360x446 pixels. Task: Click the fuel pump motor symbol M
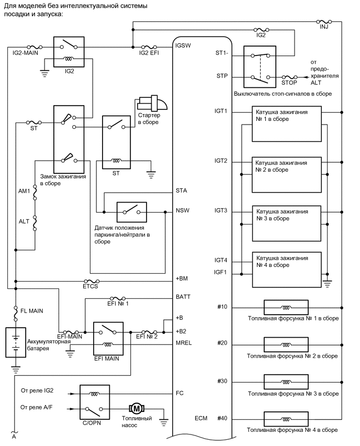pyautogui.click(x=136, y=408)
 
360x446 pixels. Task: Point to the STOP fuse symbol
pyautogui.click(x=289, y=77)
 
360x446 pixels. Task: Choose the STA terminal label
pyautogui.click(x=182, y=191)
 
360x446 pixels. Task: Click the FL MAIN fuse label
pyautogui.click(x=32, y=311)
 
